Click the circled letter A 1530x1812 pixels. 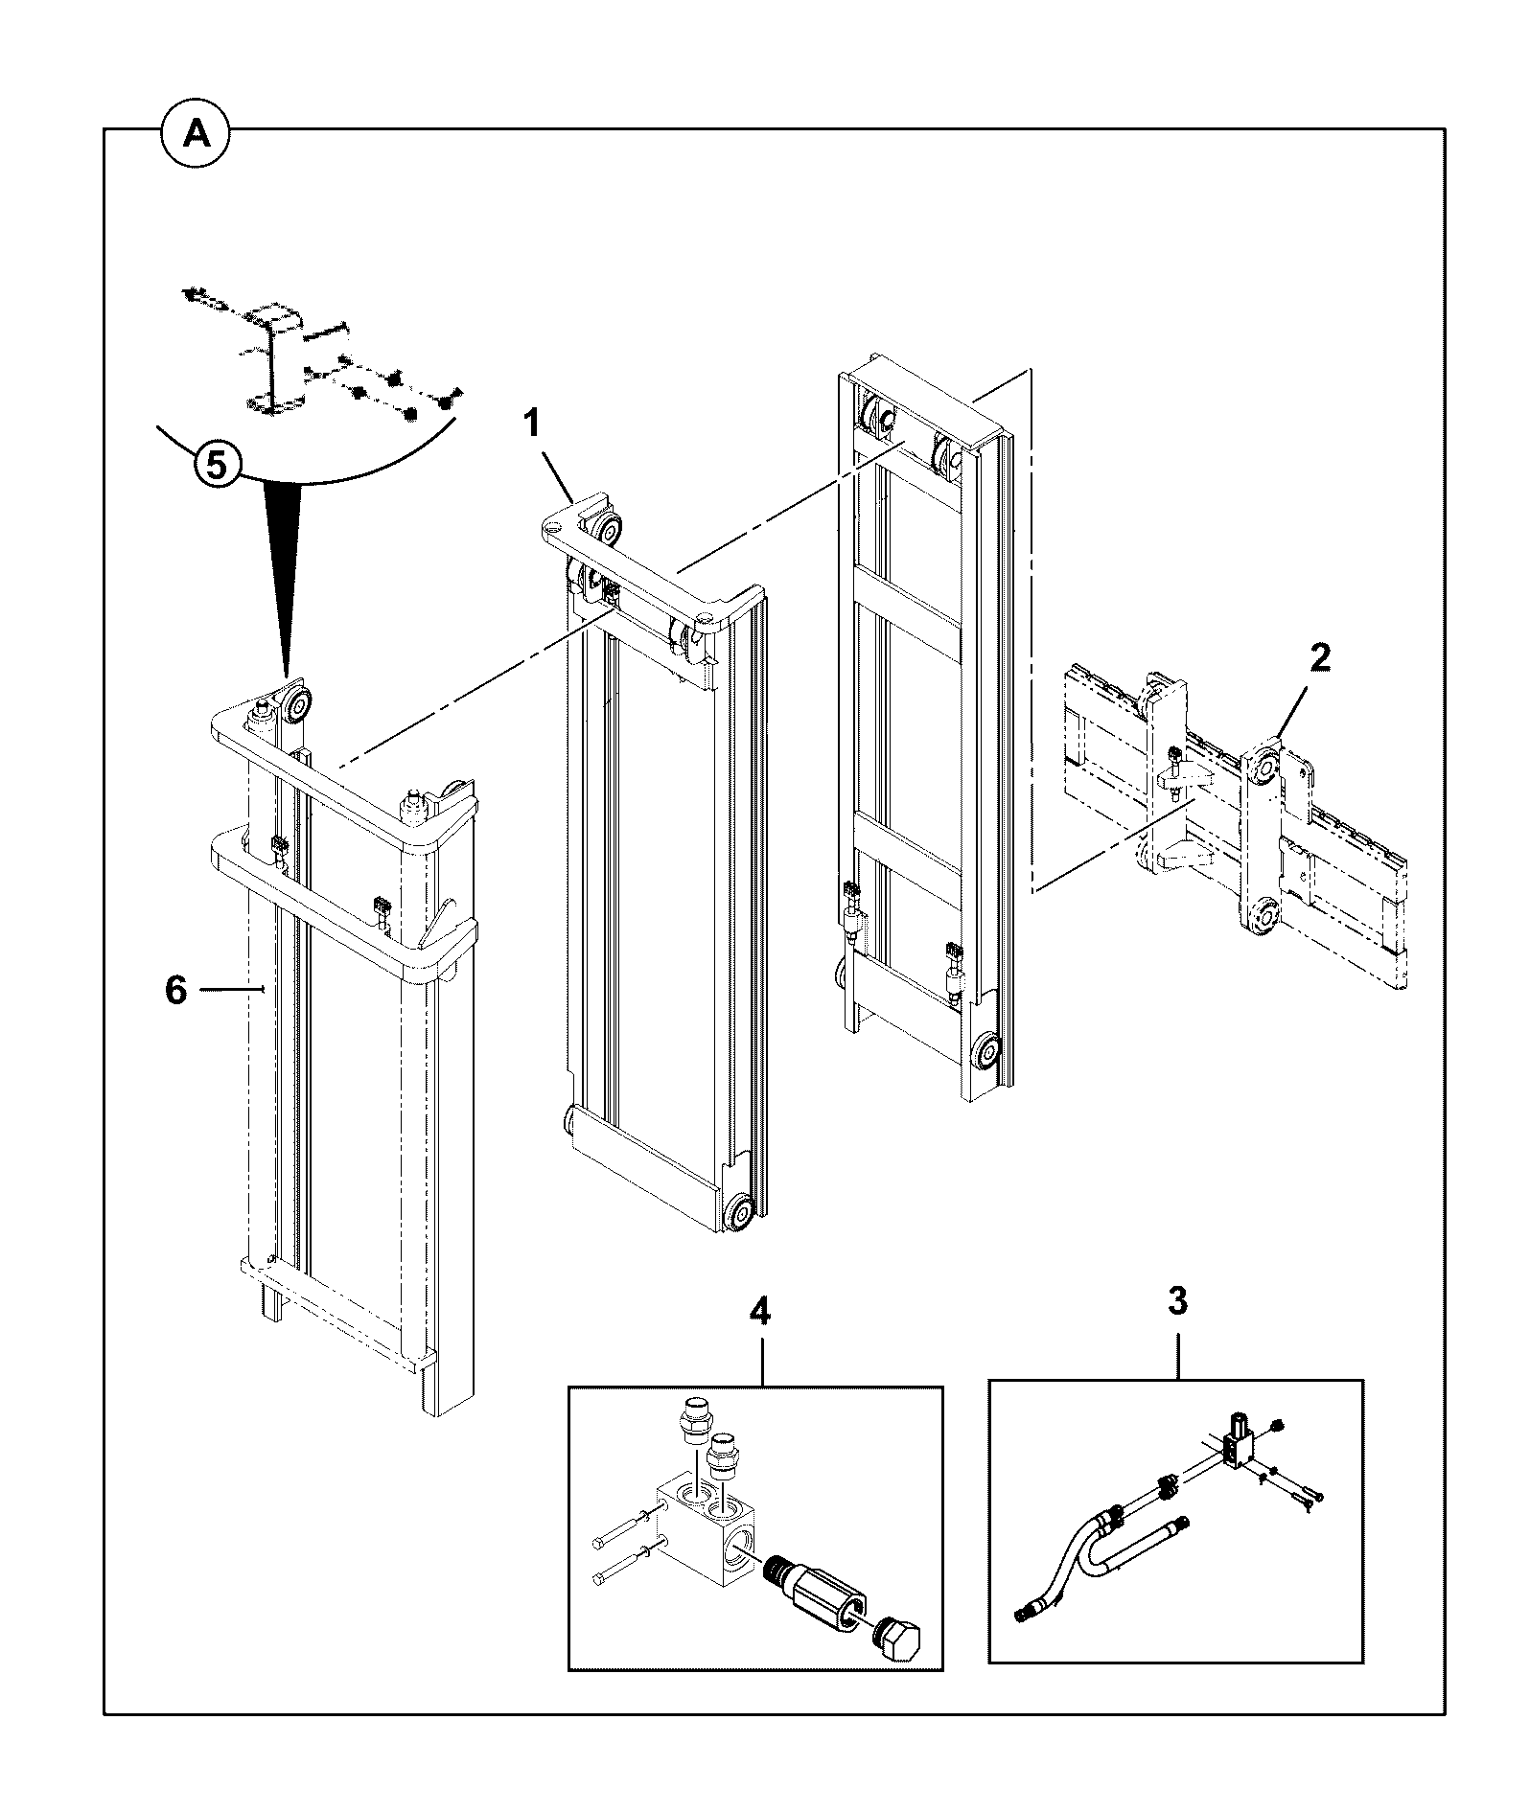(197, 135)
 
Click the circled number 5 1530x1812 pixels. (218, 466)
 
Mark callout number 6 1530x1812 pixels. (175, 990)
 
